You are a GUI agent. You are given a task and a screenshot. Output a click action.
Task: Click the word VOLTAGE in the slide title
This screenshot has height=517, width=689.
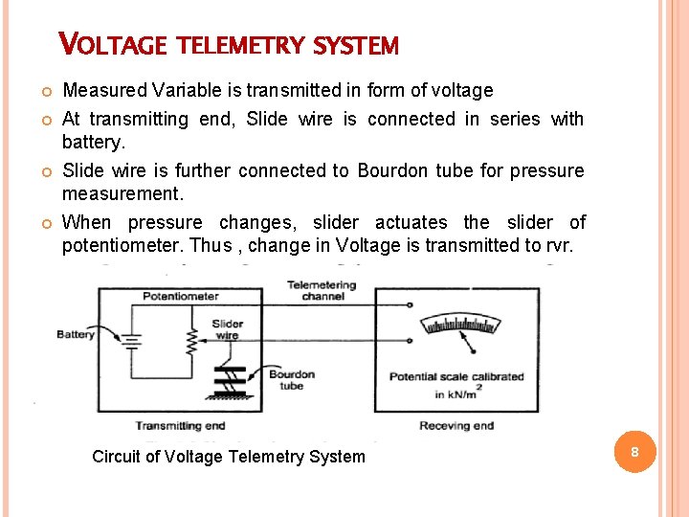click(x=113, y=44)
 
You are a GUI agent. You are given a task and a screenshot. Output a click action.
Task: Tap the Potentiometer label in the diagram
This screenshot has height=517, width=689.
click(x=181, y=296)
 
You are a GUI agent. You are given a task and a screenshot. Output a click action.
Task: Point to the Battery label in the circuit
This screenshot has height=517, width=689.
click(x=76, y=334)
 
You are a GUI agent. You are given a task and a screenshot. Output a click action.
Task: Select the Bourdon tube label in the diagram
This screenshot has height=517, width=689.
click(x=291, y=380)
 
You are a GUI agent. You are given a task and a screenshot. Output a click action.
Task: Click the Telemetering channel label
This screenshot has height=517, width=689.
click(x=322, y=290)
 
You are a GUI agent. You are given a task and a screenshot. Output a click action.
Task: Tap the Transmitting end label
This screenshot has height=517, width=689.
click(x=180, y=425)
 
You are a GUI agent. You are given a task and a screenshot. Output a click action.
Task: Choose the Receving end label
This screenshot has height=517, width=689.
click(x=456, y=425)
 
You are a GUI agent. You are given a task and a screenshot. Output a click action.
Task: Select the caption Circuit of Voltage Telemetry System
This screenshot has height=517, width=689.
click(x=229, y=457)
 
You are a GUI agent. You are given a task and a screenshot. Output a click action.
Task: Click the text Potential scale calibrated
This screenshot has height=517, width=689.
click(x=456, y=376)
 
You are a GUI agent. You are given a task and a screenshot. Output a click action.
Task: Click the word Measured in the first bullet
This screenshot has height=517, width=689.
click(x=103, y=91)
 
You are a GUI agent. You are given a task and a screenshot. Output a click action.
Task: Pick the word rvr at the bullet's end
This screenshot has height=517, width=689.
click(x=560, y=245)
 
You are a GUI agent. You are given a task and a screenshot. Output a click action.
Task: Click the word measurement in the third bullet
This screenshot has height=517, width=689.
click(x=121, y=194)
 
